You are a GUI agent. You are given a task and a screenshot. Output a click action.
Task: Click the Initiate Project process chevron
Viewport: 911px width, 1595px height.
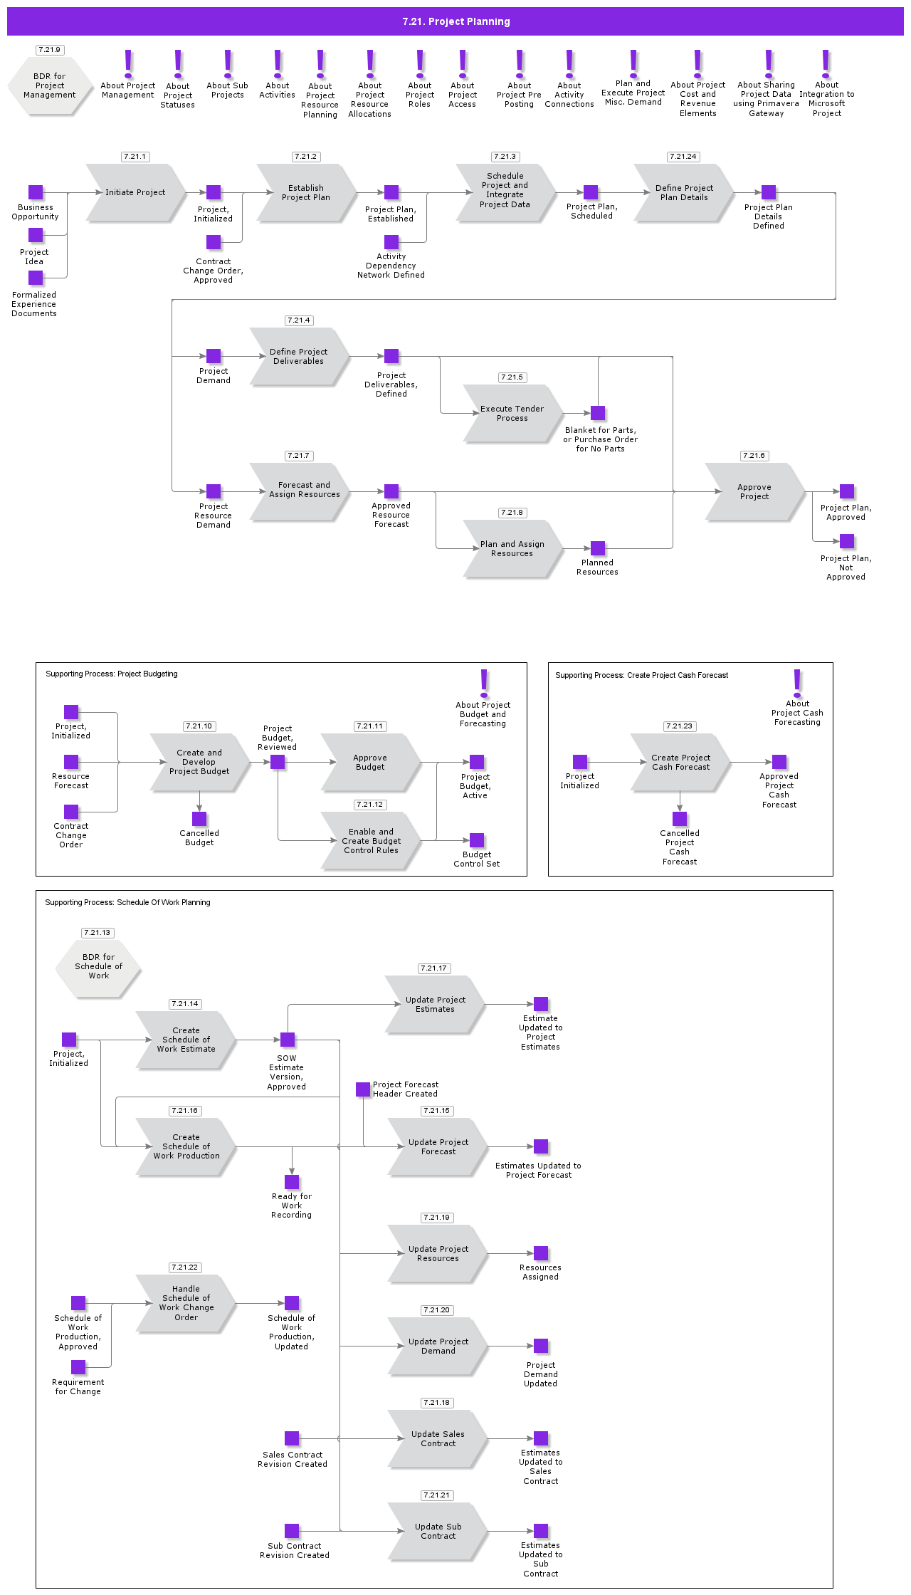pyautogui.click(x=135, y=192)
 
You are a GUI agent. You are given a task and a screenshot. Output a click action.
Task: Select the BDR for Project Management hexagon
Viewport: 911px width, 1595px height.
pyautogui.click(x=50, y=85)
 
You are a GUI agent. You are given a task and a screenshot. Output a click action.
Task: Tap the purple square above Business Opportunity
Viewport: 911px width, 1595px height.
pyautogui.click(x=36, y=192)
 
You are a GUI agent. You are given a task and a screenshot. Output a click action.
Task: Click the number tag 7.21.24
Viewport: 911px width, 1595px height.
pyautogui.click(x=683, y=157)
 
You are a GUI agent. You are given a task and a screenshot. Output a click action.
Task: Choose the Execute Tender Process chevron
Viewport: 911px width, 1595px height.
pyautogui.click(x=512, y=413)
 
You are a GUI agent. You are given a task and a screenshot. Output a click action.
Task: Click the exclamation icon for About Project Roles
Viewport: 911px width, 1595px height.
pyautogui.click(x=420, y=63)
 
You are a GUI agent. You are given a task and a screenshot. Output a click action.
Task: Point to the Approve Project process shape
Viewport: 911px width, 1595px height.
pyautogui.click(x=754, y=491)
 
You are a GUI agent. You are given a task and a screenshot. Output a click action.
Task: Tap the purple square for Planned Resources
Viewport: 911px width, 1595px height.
pyautogui.click(x=598, y=548)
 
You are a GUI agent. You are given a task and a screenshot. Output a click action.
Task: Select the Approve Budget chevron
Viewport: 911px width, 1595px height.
pyautogui.click(x=369, y=762)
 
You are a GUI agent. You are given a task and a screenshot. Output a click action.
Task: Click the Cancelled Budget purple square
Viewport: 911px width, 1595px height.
pyautogui.click(x=199, y=819)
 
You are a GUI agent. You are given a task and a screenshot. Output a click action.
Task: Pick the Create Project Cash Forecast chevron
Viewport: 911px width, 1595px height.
pyautogui.click(x=680, y=762)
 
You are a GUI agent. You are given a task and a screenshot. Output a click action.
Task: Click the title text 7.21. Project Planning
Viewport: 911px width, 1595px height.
pyautogui.click(x=455, y=21)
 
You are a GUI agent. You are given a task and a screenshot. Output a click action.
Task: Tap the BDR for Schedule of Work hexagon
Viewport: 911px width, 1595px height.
pyautogui.click(x=98, y=966)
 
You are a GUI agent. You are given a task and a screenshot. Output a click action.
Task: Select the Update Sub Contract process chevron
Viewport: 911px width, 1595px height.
pyautogui.click(x=438, y=1531)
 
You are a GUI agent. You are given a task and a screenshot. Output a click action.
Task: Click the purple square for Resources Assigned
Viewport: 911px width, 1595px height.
pyautogui.click(x=541, y=1253)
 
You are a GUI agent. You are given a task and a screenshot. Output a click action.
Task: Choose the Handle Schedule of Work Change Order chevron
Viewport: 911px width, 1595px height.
pyautogui.click(x=186, y=1303)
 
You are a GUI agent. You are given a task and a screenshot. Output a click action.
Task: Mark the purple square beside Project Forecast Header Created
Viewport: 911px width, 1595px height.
pyautogui.click(x=363, y=1089)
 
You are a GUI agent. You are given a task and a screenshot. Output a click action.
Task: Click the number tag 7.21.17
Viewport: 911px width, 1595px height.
pyautogui.click(x=433, y=968)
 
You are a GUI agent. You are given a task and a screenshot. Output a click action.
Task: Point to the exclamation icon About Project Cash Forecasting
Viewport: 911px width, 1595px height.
pyautogui.click(x=797, y=682)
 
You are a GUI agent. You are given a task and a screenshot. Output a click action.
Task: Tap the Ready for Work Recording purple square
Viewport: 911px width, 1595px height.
pyautogui.click(x=292, y=1182)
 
